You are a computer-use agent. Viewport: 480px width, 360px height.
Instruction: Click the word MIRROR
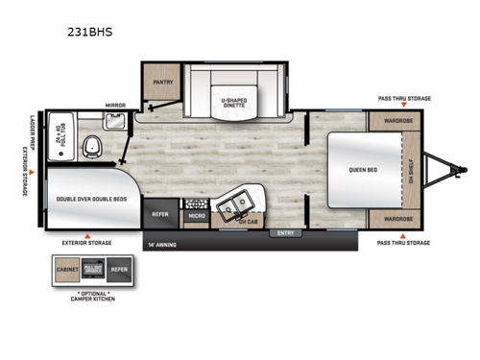point(115,106)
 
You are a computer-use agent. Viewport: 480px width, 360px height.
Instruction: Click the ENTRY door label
point(285,232)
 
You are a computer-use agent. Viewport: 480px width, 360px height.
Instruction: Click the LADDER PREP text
point(32,134)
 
